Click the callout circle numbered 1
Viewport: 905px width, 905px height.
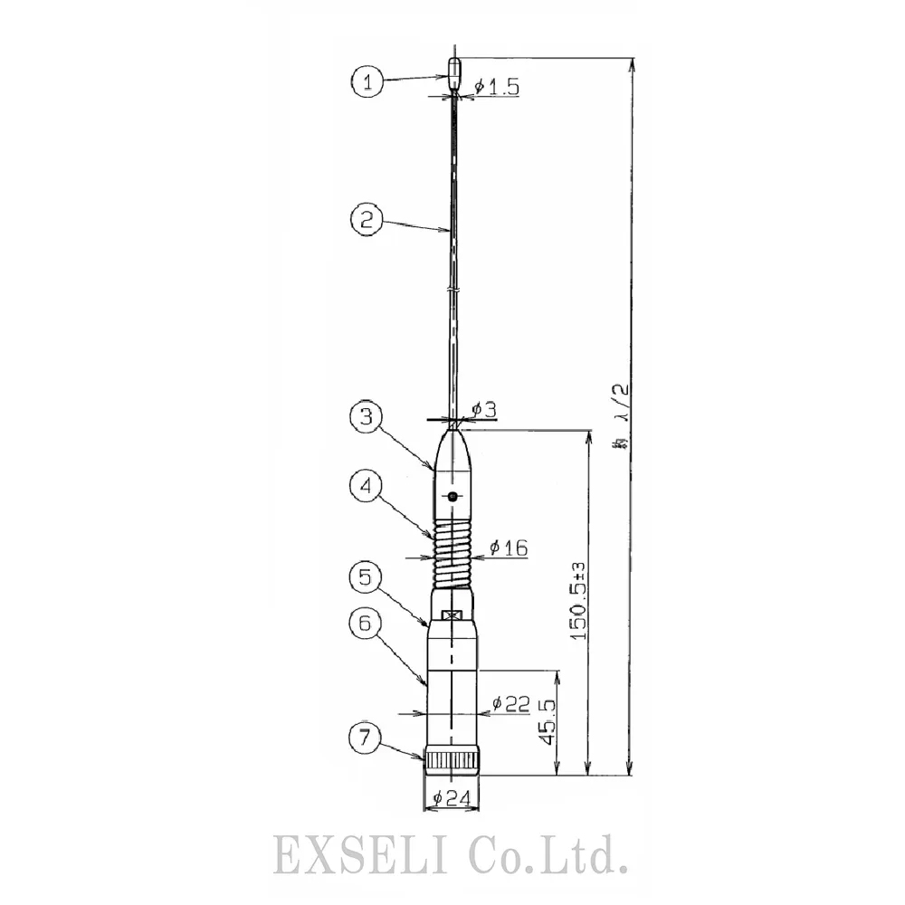(x=367, y=83)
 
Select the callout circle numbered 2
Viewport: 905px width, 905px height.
(x=367, y=219)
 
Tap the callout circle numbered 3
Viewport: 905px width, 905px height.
(x=367, y=417)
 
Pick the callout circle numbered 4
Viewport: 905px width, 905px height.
(x=367, y=487)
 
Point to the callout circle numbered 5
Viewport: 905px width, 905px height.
(x=367, y=576)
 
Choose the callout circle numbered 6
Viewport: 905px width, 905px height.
(x=367, y=624)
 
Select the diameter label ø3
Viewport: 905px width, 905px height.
(x=484, y=410)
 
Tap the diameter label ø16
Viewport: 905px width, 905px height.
(x=509, y=548)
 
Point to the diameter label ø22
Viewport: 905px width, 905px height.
(x=511, y=703)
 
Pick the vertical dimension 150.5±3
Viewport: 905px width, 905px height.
(x=578, y=603)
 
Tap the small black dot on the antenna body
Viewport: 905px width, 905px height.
(x=452, y=495)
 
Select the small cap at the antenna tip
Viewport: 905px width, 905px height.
(x=453, y=71)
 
